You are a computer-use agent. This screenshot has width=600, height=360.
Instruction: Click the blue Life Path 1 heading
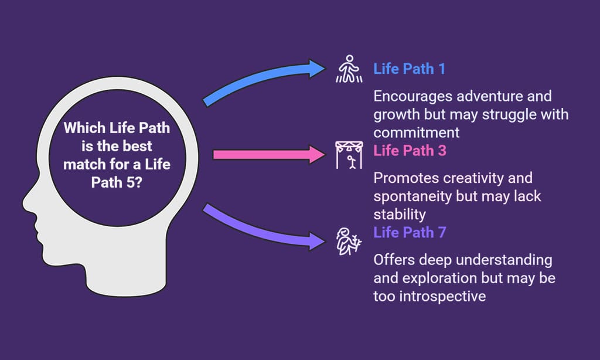tap(409, 69)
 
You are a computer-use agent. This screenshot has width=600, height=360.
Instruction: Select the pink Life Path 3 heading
tap(410, 151)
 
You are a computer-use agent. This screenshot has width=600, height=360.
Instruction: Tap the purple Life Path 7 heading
tap(410, 232)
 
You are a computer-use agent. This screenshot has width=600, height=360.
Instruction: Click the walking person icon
tap(349, 69)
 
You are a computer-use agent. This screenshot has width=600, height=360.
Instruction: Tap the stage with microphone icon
tap(349, 155)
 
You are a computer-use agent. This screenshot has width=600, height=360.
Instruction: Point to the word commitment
tap(417, 133)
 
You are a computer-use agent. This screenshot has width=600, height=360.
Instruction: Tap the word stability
tap(400, 215)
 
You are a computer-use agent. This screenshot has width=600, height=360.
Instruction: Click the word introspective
tap(443, 297)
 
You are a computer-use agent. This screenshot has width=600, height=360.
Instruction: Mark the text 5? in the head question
tap(134, 182)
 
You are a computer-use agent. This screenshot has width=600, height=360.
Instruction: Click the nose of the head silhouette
tap(28, 203)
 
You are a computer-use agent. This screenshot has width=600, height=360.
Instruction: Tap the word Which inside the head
tap(84, 128)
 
